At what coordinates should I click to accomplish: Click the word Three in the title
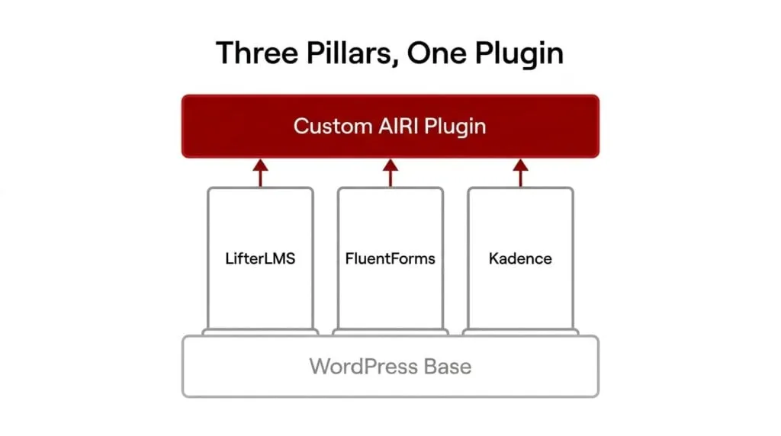click(x=257, y=53)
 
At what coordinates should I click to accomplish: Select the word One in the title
click(x=436, y=53)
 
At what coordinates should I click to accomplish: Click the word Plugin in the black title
click(x=519, y=55)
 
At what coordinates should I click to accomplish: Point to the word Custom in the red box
click(x=333, y=127)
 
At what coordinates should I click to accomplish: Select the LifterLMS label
click(x=260, y=258)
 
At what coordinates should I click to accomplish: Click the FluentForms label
click(x=390, y=258)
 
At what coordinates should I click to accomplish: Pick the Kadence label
click(x=520, y=258)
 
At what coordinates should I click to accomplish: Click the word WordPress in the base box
click(x=364, y=367)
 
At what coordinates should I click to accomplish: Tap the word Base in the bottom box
click(x=448, y=367)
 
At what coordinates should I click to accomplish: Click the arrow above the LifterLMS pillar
click(x=260, y=173)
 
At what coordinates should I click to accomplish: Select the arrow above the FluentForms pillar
click(x=390, y=173)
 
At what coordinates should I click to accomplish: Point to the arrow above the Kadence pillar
click(x=520, y=173)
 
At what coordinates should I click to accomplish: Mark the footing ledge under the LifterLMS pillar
click(x=260, y=332)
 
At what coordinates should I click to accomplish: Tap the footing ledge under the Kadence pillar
click(x=520, y=332)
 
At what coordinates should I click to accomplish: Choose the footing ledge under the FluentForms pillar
click(x=390, y=332)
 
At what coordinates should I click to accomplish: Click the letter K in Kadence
click(x=493, y=258)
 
